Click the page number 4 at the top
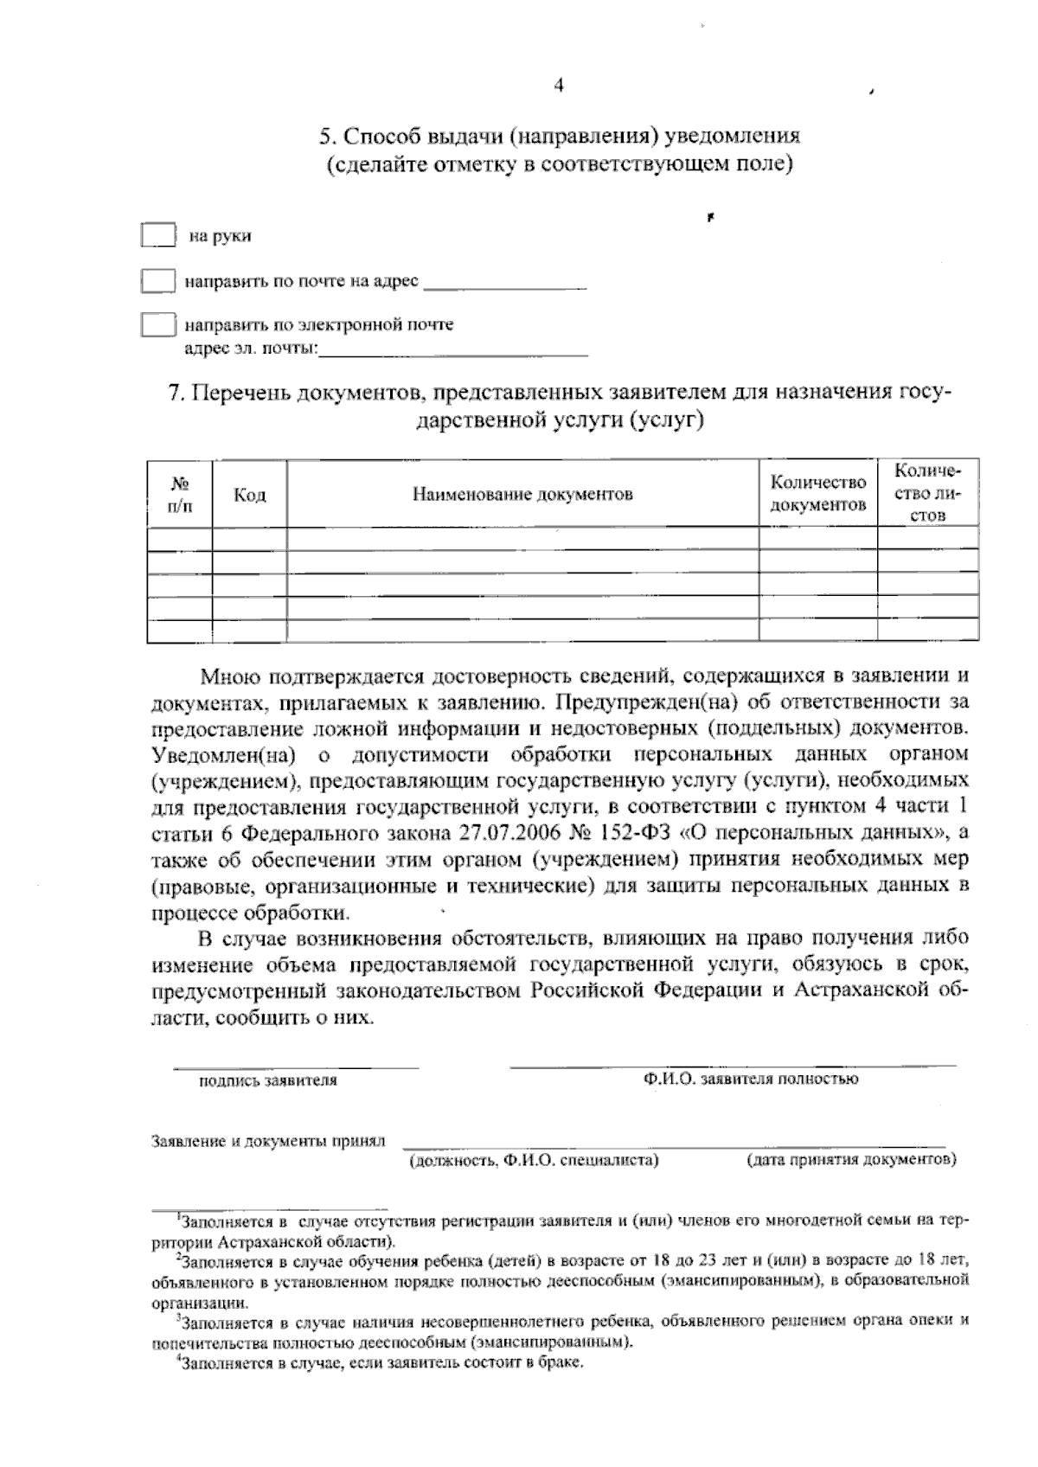click(559, 85)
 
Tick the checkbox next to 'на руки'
click(158, 235)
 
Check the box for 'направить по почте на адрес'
click(158, 281)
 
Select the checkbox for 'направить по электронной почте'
click(158, 325)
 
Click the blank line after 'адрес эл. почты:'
click(453, 350)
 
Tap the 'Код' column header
click(249, 495)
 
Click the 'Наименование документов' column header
click(522, 495)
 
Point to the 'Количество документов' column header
click(817, 494)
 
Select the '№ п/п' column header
click(179, 494)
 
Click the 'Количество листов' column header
click(927, 493)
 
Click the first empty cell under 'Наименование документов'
click(522, 539)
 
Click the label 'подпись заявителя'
click(268, 1080)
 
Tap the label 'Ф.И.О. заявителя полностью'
click(750, 1079)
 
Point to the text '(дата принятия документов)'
click(850, 1160)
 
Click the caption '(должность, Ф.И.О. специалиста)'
click(534, 1160)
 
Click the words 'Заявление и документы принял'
click(268, 1141)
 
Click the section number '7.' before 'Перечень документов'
click(176, 393)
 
